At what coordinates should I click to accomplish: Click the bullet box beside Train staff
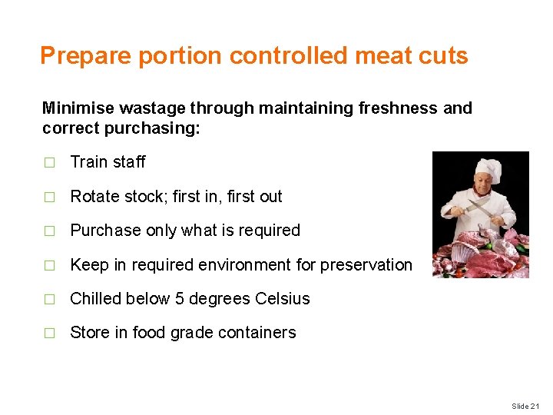(x=50, y=163)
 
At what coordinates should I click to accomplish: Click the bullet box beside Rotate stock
(x=50, y=197)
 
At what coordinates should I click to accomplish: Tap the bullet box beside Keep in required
(x=50, y=265)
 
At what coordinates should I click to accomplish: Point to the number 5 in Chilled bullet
(x=180, y=298)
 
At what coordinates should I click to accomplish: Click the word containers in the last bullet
(x=258, y=333)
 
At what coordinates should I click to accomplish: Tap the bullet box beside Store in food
(x=50, y=334)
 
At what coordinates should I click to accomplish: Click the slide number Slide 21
(x=526, y=406)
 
